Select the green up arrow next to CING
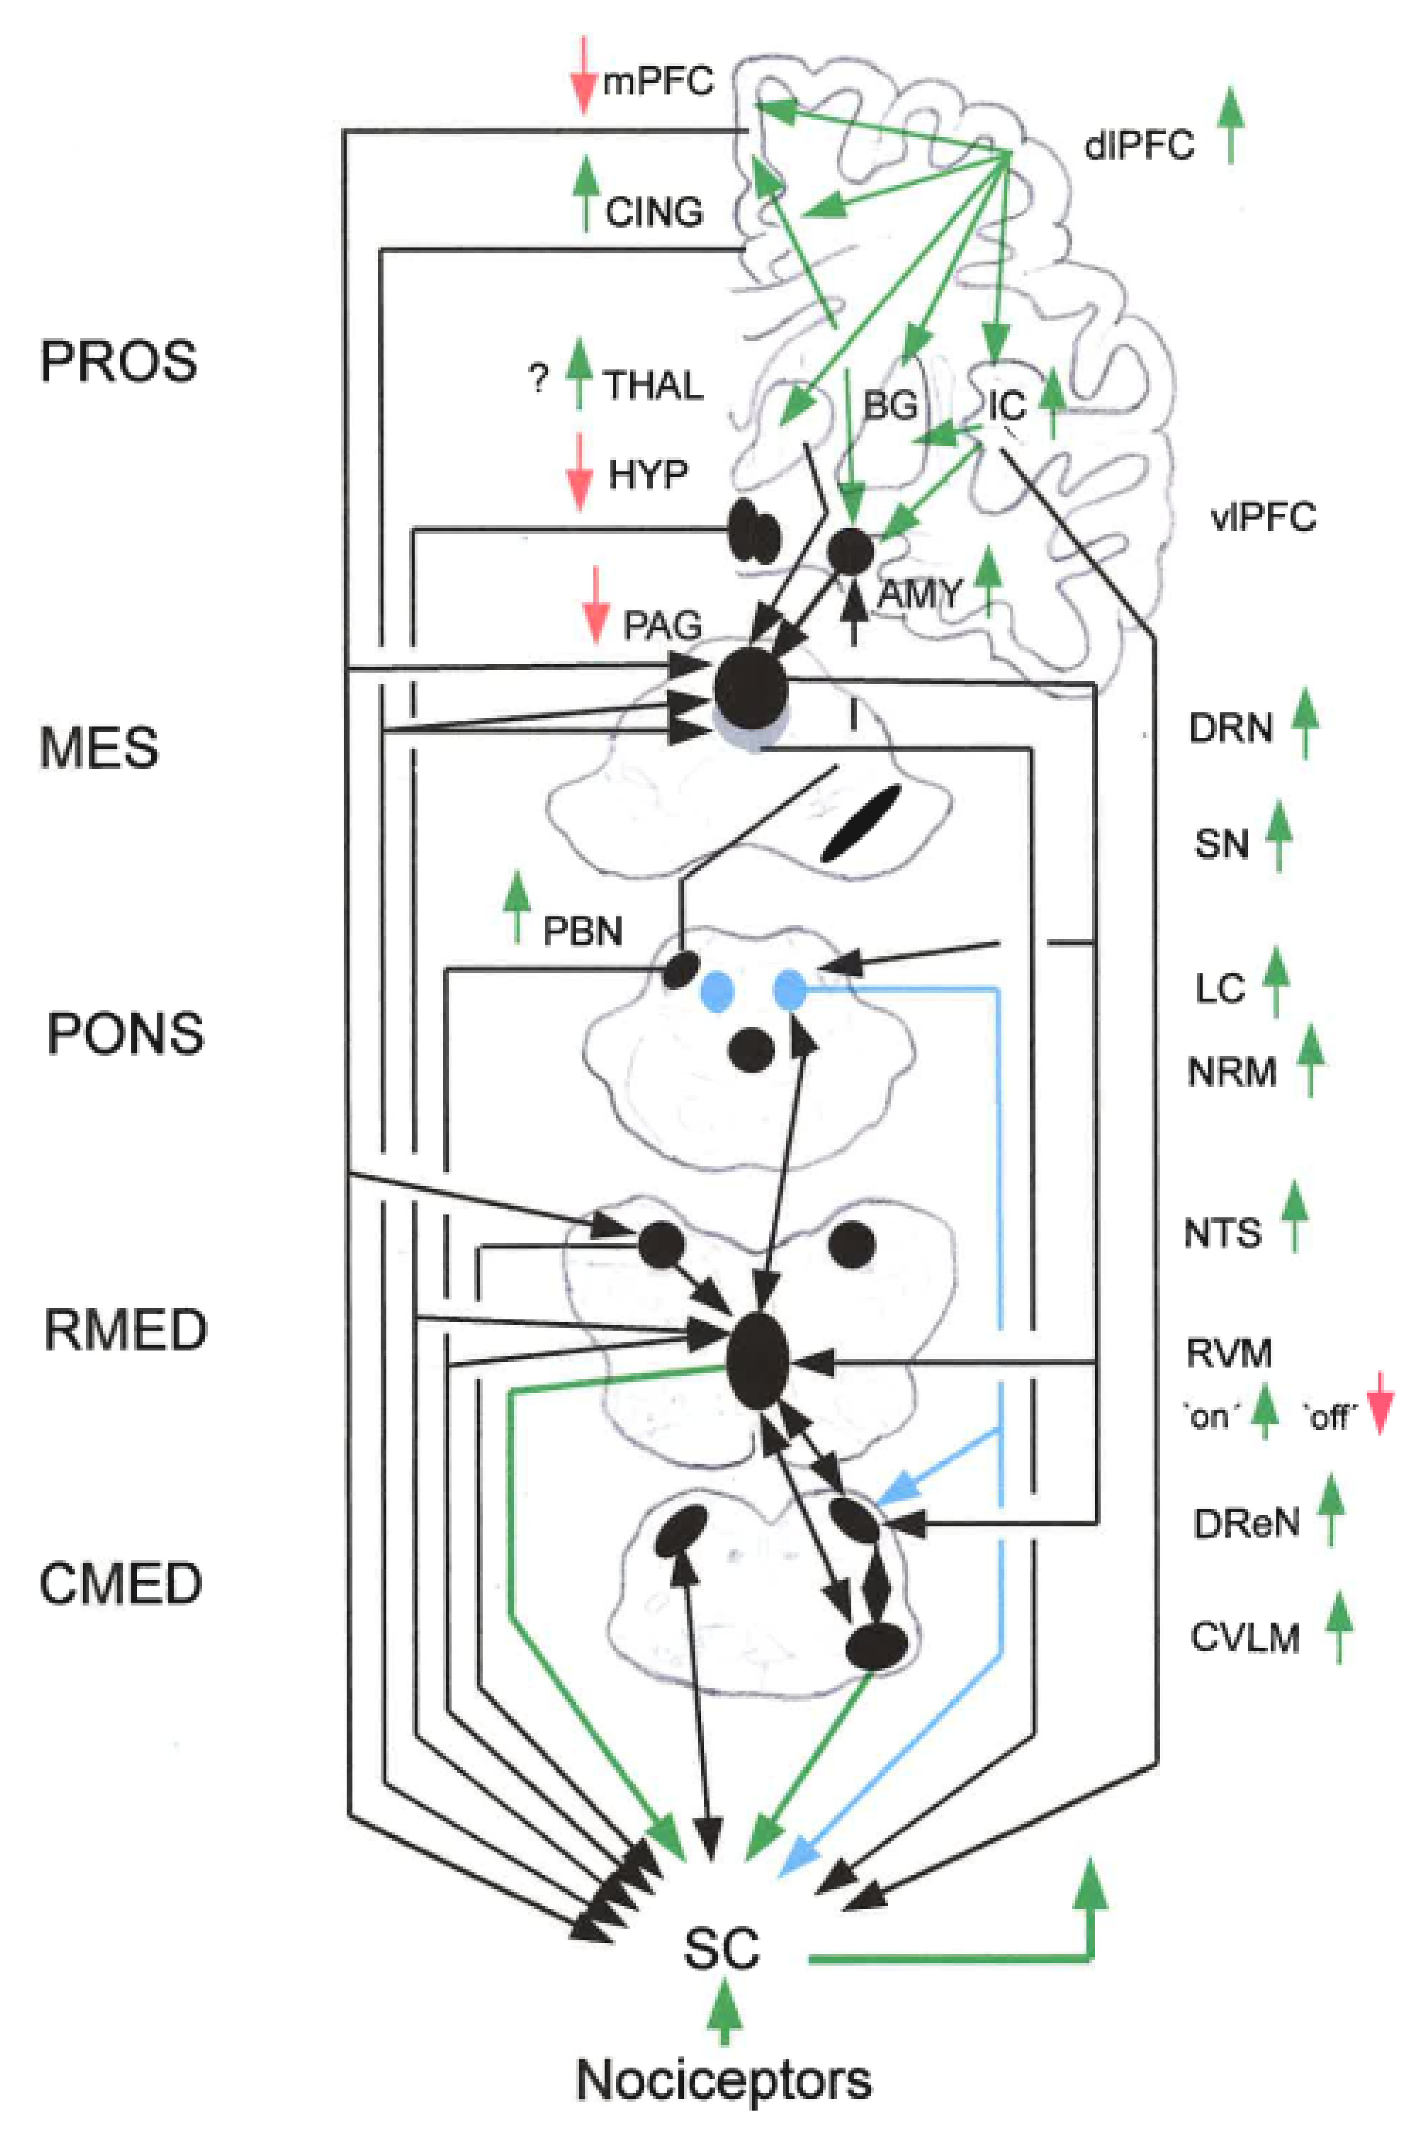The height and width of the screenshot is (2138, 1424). coord(586,193)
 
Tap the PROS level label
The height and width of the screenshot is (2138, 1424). coord(118,361)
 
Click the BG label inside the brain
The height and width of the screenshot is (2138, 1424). coord(889,405)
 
